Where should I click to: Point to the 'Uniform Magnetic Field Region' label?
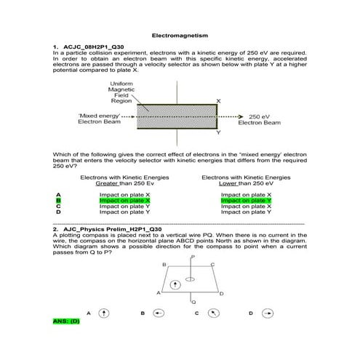(x=121, y=95)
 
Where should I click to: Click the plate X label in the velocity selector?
(x=218, y=100)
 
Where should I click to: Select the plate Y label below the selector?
(x=218, y=133)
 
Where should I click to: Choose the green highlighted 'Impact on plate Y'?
(x=246, y=201)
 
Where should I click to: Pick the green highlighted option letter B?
(x=57, y=201)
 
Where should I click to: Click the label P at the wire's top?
(x=192, y=257)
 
